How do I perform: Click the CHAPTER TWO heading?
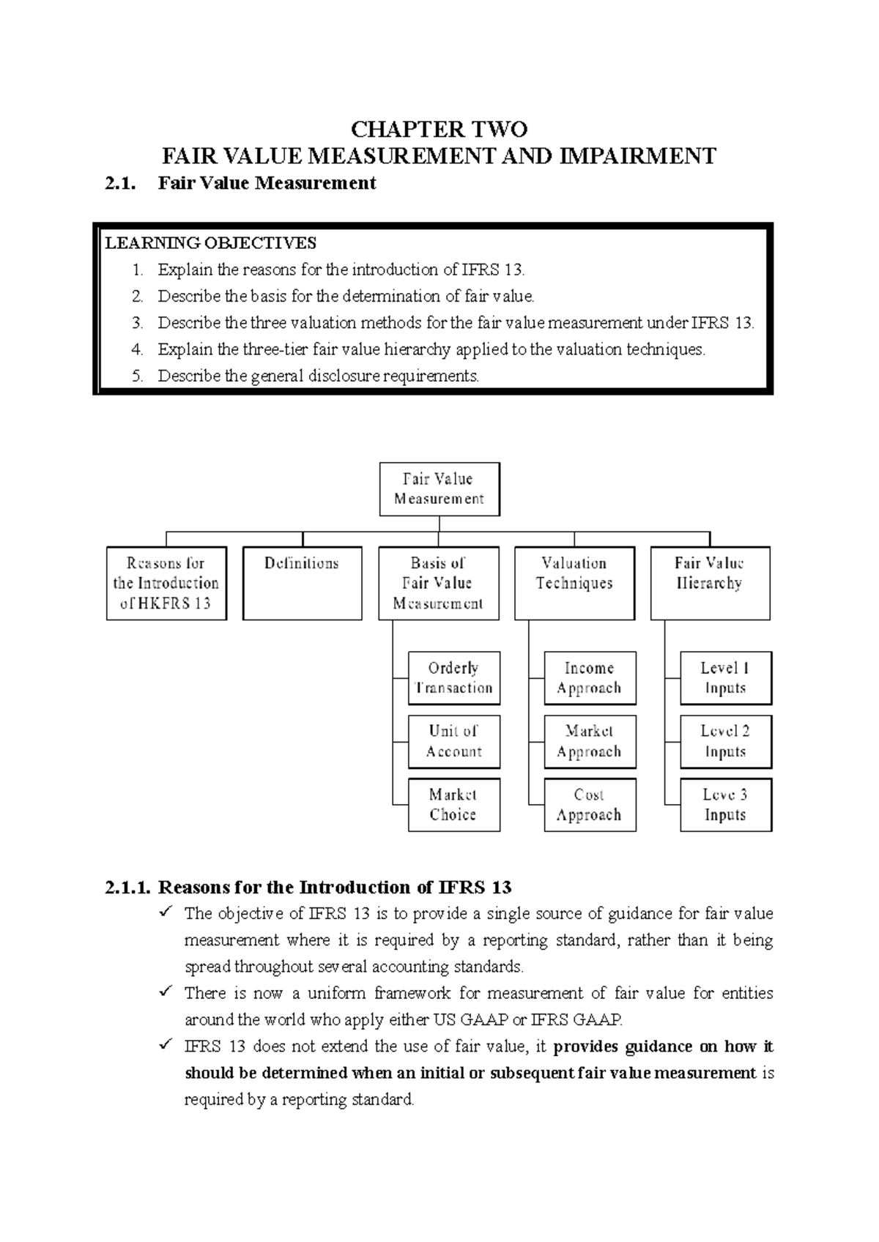point(439,130)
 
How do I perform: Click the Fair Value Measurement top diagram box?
point(439,488)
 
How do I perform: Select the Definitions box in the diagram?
point(302,582)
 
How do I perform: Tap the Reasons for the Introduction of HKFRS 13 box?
point(166,583)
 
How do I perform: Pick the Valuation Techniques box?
point(574,583)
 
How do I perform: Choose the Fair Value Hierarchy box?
point(709,583)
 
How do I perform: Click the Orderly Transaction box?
point(453,677)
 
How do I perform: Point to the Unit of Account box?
point(453,741)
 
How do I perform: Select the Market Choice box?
point(453,804)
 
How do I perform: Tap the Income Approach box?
point(590,677)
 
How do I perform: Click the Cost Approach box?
point(590,804)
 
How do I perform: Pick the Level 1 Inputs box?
point(725,677)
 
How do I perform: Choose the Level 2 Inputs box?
point(725,741)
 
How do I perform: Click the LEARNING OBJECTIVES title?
point(211,243)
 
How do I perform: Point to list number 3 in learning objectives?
point(137,323)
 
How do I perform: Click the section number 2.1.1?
point(128,888)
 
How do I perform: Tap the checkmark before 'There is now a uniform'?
point(166,992)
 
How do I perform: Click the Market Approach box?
point(590,741)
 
